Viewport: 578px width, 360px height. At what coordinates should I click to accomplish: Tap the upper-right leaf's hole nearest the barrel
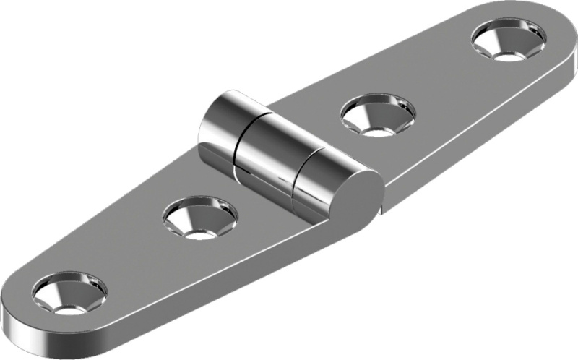point(378,116)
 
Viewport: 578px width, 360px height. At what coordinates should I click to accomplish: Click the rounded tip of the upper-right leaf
point(560,33)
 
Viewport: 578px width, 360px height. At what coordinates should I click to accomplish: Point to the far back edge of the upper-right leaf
point(376,58)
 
